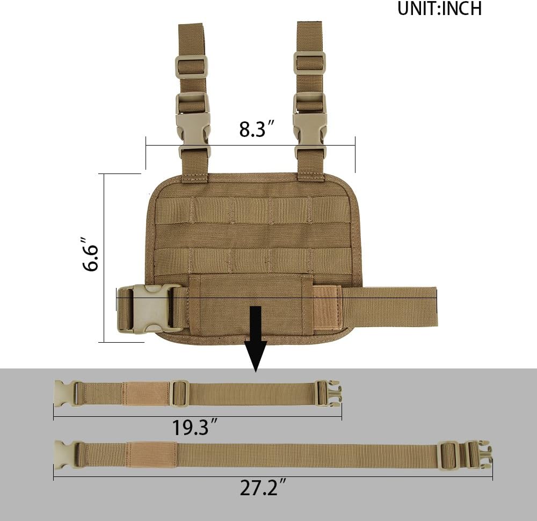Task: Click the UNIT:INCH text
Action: coord(439,9)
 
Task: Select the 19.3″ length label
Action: coord(194,428)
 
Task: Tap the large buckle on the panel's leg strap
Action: coord(149,308)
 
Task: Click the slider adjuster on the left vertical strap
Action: coord(191,67)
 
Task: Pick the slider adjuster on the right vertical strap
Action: coord(310,63)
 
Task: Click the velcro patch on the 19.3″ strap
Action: coord(146,394)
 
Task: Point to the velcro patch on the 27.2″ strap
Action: coord(151,454)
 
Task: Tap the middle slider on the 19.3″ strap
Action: coord(179,394)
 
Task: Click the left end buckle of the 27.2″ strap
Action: coord(68,454)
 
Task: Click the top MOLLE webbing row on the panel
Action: coord(252,210)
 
